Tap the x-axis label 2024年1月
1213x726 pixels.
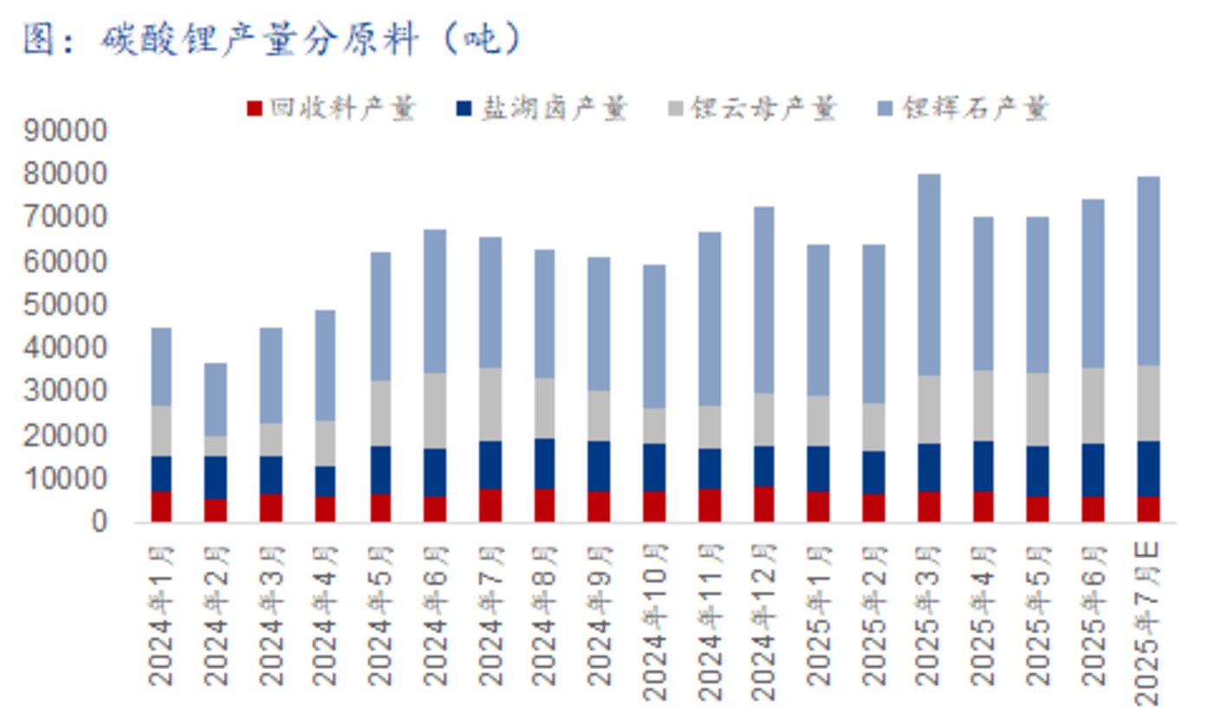tap(161, 615)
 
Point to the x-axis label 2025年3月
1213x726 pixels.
tap(929, 615)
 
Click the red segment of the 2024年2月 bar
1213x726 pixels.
tap(216, 510)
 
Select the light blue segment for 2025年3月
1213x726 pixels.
tap(929, 275)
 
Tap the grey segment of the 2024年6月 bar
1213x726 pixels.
tap(435, 411)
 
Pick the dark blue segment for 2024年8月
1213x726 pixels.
tap(544, 463)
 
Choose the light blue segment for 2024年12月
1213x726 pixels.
tap(763, 300)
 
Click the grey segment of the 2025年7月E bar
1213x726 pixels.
tap(1148, 403)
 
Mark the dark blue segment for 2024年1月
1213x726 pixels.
tap(161, 474)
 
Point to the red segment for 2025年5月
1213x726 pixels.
tap(1038, 509)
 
